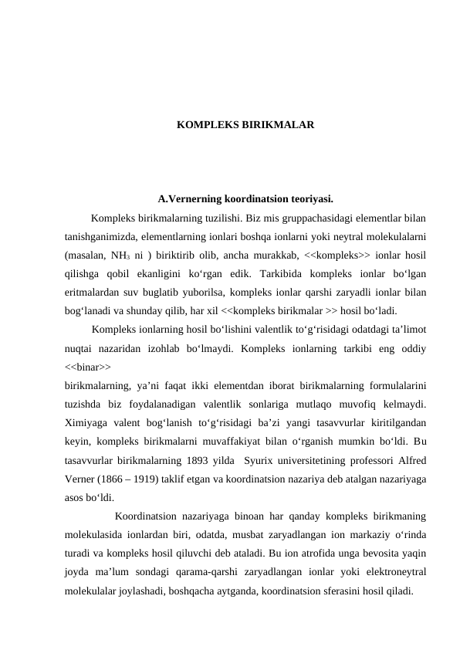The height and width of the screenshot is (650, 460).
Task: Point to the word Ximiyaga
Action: (x=87, y=422)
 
